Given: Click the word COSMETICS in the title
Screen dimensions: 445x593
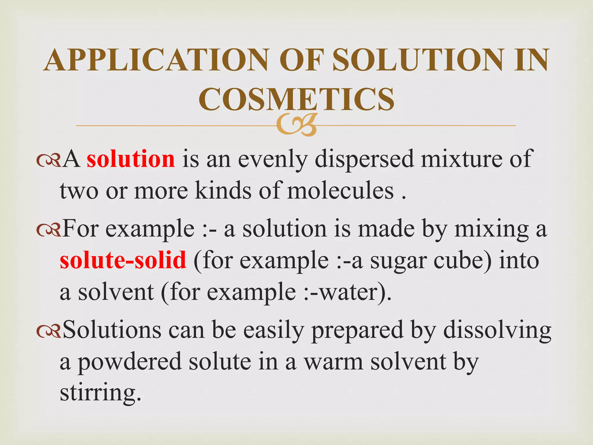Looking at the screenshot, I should tap(296, 99).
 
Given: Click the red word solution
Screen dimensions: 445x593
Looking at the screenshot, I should tap(131, 159).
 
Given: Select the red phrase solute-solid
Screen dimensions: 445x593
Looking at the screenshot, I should tap(123, 260).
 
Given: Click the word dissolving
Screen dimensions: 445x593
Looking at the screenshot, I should tap(497, 331).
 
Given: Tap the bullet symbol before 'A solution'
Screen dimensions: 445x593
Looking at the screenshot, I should tap(49, 160).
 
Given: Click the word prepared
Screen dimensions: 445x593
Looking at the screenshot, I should tap(357, 331).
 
